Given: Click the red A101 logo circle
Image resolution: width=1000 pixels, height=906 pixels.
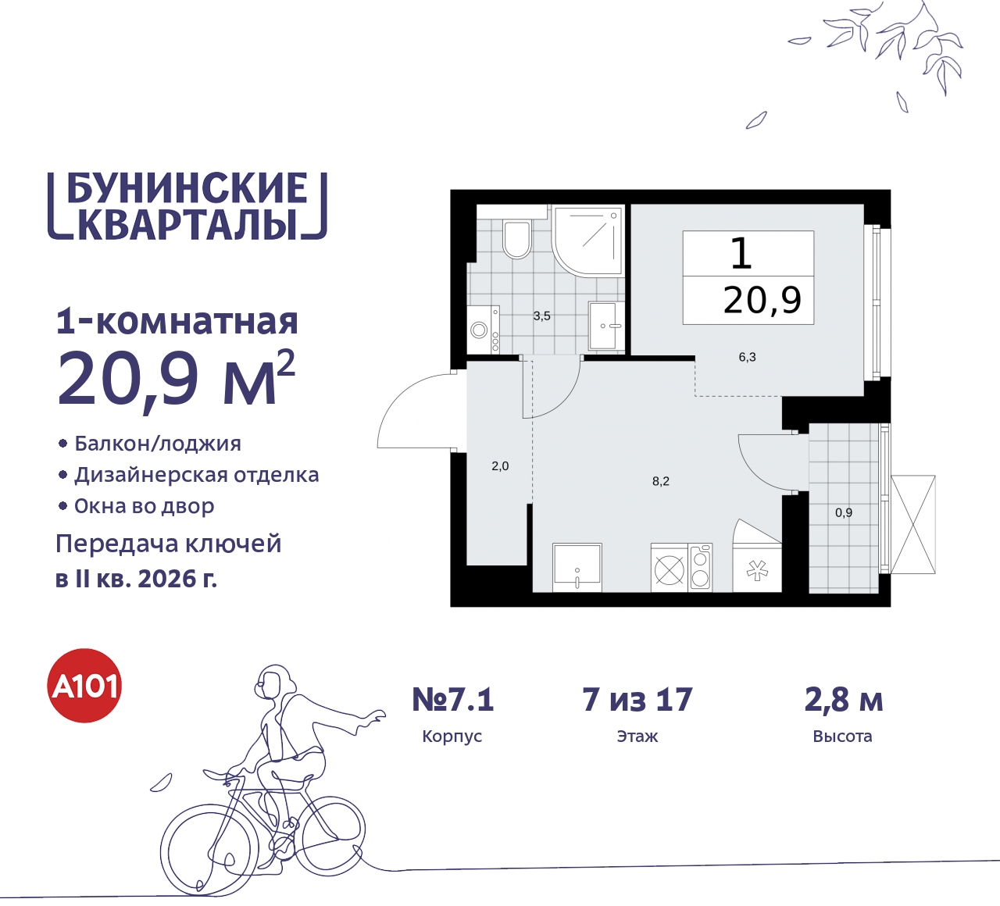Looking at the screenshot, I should point(85,686).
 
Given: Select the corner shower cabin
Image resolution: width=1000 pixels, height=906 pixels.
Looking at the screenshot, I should point(587,240).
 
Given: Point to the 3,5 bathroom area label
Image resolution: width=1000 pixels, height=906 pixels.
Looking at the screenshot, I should point(541,316).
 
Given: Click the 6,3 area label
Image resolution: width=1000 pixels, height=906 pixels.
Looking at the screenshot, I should point(747,358).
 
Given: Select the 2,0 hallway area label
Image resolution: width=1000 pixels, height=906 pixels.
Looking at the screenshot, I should point(500,466).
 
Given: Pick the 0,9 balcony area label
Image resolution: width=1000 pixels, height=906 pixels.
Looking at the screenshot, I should point(844,513).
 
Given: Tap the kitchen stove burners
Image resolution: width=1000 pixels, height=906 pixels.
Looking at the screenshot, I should point(670,569).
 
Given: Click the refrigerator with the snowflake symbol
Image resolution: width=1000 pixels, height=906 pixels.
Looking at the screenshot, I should point(757,570).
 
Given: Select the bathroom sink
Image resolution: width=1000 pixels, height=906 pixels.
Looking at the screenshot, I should point(605,326).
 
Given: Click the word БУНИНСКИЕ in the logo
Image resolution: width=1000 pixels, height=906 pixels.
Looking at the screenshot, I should point(187,188).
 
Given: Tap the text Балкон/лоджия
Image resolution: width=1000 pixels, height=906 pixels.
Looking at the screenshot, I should point(158,444).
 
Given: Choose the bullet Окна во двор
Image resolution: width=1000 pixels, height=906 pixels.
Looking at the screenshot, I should point(145,506).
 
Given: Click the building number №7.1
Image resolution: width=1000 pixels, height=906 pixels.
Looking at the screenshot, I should point(453,700).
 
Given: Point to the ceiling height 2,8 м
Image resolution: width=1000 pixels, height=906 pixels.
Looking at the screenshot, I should point(844,700).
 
